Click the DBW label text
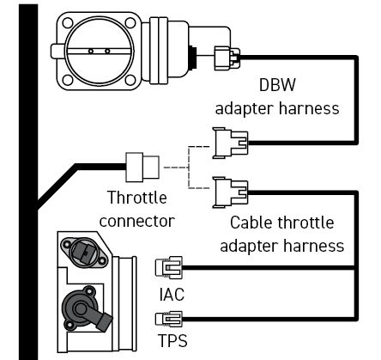click(277, 85)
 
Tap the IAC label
click(172, 295)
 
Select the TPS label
click(172, 340)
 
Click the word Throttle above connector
click(136, 198)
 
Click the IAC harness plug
click(169, 268)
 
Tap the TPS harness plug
click(169, 319)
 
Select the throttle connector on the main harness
click(142, 168)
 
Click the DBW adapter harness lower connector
click(230, 143)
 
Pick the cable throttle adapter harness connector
click(230, 192)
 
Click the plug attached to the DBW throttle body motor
click(227, 58)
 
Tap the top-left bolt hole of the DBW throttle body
click(68, 23)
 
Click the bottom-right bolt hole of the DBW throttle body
click(130, 80)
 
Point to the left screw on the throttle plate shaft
click(91, 52)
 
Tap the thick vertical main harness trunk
click(28, 182)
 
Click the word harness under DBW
click(309, 108)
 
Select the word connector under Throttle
click(136, 221)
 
